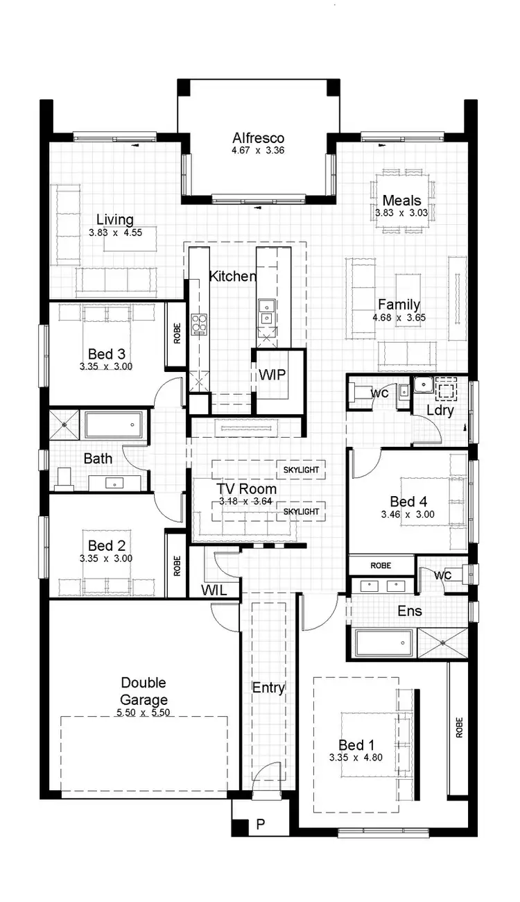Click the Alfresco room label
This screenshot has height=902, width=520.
[x=258, y=138]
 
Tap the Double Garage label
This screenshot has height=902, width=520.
[x=144, y=691]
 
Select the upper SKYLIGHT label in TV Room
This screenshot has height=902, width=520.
[x=301, y=470]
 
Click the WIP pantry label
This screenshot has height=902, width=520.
[x=272, y=375]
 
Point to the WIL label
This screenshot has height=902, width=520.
[x=214, y=590]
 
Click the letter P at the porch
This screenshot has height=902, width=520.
[x=261, y=824]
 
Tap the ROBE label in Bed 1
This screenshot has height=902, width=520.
[x=458, y=727]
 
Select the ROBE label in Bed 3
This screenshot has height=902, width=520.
[x=177, y=333]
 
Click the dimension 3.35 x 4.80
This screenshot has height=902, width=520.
[x=356, y=758]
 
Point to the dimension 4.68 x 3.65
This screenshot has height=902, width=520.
[x=399, y=318]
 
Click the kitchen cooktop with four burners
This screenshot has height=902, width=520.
[x=200, y=323]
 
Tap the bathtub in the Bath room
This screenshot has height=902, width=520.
[x=114, y=425]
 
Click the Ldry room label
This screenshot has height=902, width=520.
[x=440, y=410]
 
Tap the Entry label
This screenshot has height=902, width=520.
[x=268, y=688]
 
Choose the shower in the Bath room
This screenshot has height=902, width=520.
[x=64, y=424]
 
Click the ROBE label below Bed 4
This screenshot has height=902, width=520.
[x=381, y=565]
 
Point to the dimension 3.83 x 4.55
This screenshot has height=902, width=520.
[x=115, y=233]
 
